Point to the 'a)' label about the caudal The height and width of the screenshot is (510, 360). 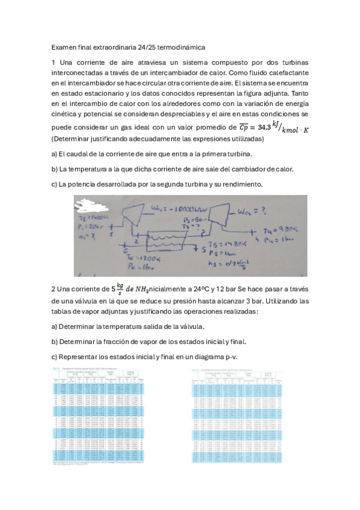coord(55,154)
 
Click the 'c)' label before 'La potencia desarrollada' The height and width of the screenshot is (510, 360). coord(55,183)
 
